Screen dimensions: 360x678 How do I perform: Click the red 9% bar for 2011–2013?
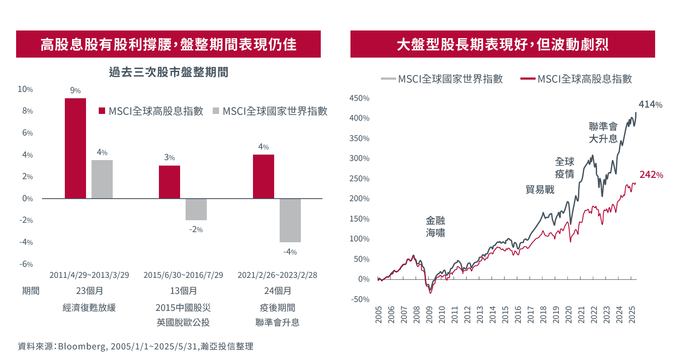tap(75, 148)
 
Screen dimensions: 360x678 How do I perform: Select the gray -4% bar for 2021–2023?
tap(290, 220)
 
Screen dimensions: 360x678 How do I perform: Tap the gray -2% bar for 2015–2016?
tap(196, 209)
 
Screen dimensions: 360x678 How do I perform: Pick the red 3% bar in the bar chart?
tap(169, 182)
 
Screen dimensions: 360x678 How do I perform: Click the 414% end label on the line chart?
tap(650, 104)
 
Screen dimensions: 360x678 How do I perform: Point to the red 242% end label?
tap(651, 174)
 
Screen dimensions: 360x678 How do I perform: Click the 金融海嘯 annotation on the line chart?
tap(435, 227)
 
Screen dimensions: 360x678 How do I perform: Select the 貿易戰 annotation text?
tap(540, 189)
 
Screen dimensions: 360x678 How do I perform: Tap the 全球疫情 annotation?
tap(564, 168)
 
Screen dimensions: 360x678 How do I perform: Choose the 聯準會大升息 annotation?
tap(603, 133)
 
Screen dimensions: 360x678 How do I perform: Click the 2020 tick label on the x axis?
tap(569, 315)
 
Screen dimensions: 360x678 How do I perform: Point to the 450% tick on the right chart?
tap(359, 98)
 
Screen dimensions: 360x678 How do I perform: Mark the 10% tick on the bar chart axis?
tap(25, 89)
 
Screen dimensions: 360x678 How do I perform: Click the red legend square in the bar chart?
tap(102, 111)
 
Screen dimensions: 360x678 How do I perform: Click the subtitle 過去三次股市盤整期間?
tap(168, 72)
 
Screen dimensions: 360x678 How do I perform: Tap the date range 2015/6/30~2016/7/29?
tap(183, 275)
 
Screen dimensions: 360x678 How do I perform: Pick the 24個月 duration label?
tap(278, 291)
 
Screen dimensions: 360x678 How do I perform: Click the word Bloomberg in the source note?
tap(82, 346)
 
